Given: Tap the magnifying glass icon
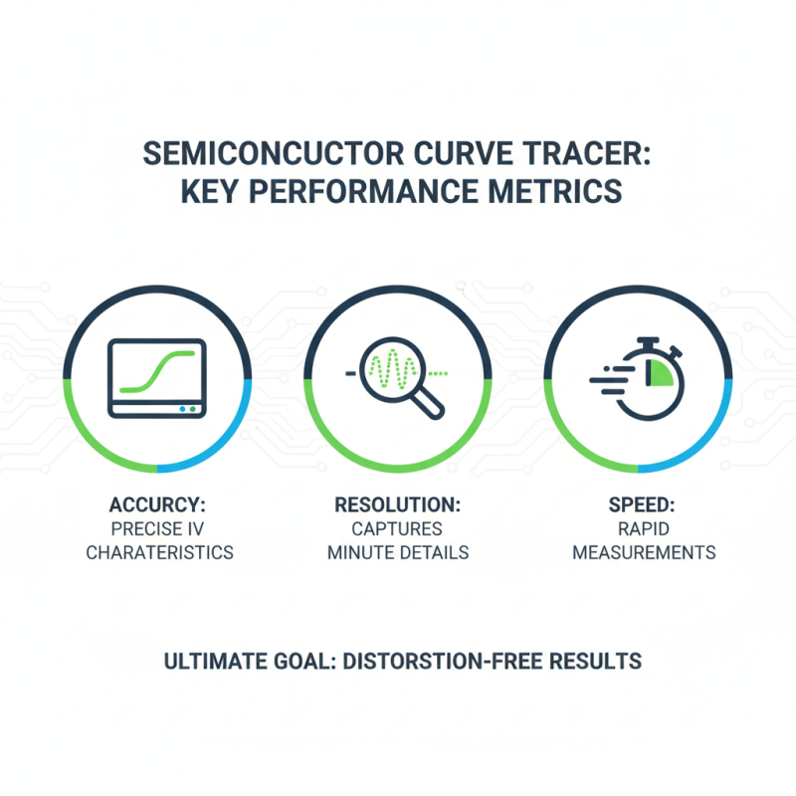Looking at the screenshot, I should (x=398, y=378).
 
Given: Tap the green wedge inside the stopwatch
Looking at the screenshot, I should (x=656, y=374).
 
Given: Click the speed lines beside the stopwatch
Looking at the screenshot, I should (x=605, y=378).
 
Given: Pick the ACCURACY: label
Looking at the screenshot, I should (x=159, y=504).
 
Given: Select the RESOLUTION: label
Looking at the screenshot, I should (x=398, y=504).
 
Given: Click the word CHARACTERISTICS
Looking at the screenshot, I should (x=159, y=552).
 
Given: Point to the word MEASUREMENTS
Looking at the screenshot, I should (x=643, y=552).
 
